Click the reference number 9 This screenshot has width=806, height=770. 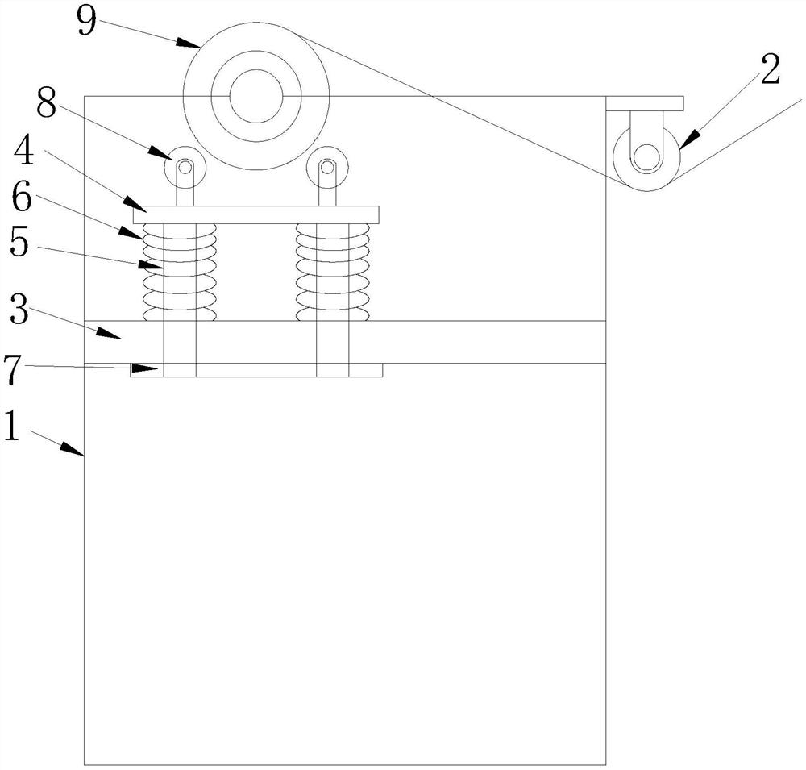[x=87, y=21]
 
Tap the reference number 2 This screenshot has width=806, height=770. [x=770, y=69]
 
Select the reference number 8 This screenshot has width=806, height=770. [x=46, y=105]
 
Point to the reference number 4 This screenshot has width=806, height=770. [x=23, y=152]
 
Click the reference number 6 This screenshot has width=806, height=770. [x=22, y=198]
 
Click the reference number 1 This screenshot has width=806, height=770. [x=11, y=426]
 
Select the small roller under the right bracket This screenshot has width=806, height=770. [x=647, y=158]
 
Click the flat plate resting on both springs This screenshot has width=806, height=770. [x=256, y=214]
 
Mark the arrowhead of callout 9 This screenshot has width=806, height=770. [x=189, y=44]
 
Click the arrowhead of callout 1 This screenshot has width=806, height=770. [x=73, y=448]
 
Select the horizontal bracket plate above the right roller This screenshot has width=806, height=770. [x=645, y=103]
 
